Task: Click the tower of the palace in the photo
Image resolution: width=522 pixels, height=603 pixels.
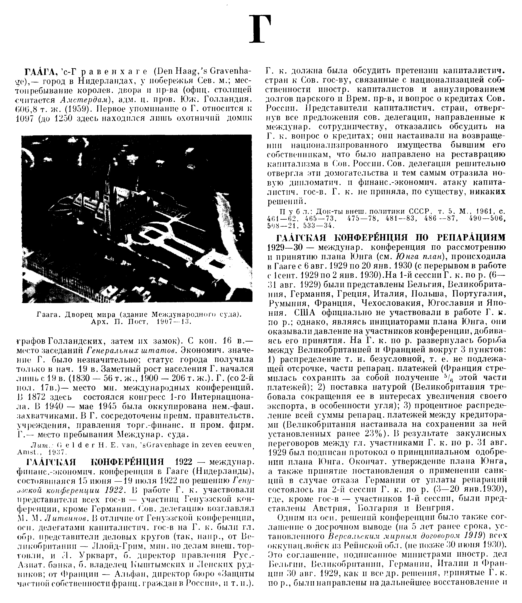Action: click(x=106, y=186)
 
